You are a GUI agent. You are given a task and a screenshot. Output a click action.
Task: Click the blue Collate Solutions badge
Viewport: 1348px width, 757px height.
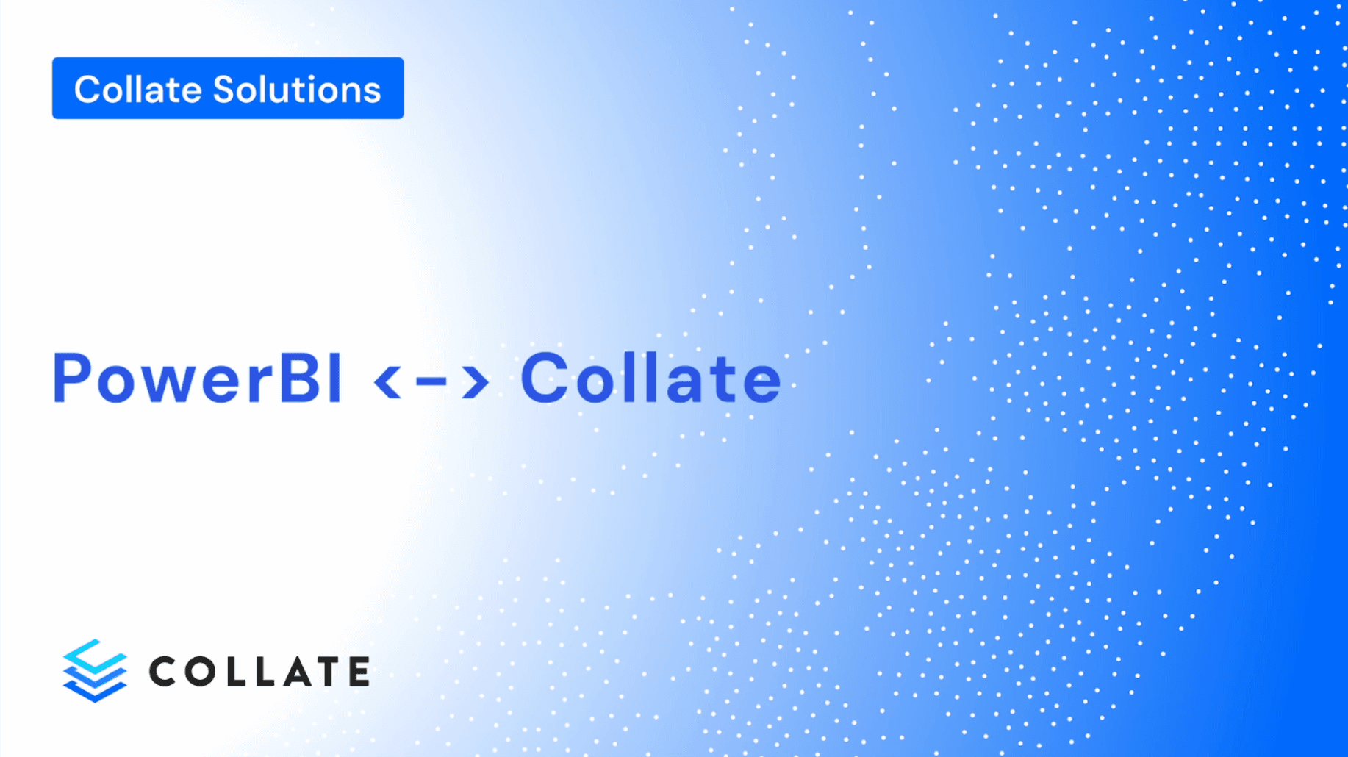click(x=228, y=88)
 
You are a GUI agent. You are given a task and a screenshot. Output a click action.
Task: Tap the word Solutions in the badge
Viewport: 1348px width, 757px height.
click(x=297, y=90)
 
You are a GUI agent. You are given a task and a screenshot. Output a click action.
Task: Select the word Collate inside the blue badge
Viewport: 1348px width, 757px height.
click(x=138, y=90)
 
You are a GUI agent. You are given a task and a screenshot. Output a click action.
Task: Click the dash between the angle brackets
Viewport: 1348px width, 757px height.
click(x=431, y=381)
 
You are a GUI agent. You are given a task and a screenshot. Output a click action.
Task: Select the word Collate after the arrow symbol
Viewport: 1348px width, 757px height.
click(x=650, y=379)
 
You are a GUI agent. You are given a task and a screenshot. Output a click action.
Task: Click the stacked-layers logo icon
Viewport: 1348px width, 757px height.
click(x=95, y=670)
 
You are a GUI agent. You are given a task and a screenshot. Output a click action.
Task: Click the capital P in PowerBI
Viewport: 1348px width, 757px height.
click(x=72, y=378)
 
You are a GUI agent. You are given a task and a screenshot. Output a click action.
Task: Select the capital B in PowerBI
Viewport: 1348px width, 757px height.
click(x=301, y=378)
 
